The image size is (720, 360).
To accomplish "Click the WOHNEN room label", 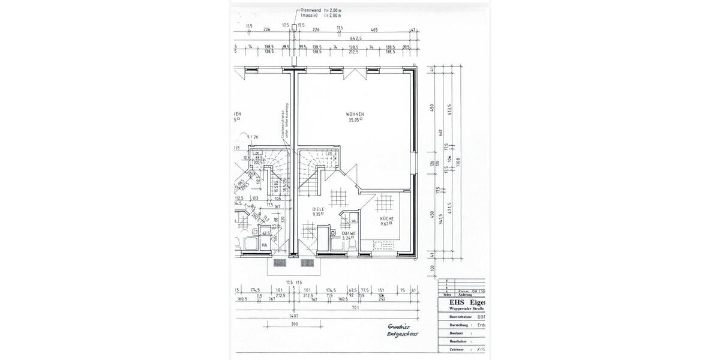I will click(355, 113).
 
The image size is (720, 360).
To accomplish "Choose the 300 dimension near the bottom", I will click(294, 324).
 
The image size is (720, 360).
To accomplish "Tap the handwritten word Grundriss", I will click(398, 326).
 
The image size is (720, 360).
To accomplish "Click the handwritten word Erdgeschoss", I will click(402, 334).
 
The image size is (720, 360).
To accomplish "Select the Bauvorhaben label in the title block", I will click(454, 316).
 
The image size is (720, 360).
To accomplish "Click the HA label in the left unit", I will click(264, 245).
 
